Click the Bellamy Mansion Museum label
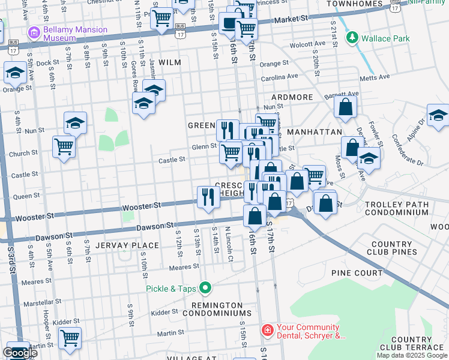point(76,34)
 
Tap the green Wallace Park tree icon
point(352,38)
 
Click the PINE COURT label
point(357,273)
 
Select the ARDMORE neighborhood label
point(292,97)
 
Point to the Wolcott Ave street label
point(306,44)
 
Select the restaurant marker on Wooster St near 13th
point(208,197)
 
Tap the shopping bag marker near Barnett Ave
point(345,108)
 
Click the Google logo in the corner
point(19,353)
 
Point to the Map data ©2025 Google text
point(412,355)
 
